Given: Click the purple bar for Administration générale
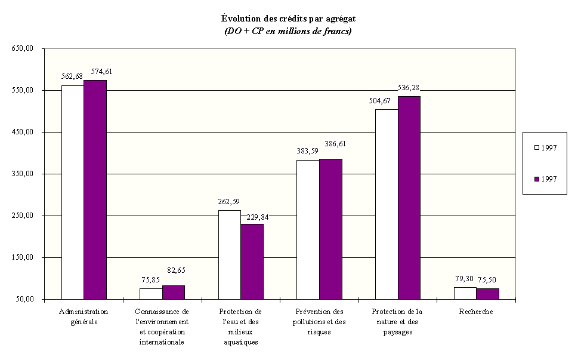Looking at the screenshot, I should [95, 189].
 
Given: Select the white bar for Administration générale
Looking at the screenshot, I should [73, 192].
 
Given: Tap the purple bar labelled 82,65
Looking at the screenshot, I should [174, 292].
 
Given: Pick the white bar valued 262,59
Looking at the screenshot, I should [230, 254].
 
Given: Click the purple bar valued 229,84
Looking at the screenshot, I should [252, 261].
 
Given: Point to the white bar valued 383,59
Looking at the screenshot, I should [308, 229].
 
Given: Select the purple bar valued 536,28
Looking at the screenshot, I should [409, 197].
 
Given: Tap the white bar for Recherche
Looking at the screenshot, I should [465, 293].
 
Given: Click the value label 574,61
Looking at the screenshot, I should [101, 72].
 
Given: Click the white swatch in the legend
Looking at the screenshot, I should [536, 147].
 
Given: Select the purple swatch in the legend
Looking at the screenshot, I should [536, 179].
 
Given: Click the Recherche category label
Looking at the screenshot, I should [476, 312].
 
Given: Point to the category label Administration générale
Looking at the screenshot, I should [84, 316].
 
